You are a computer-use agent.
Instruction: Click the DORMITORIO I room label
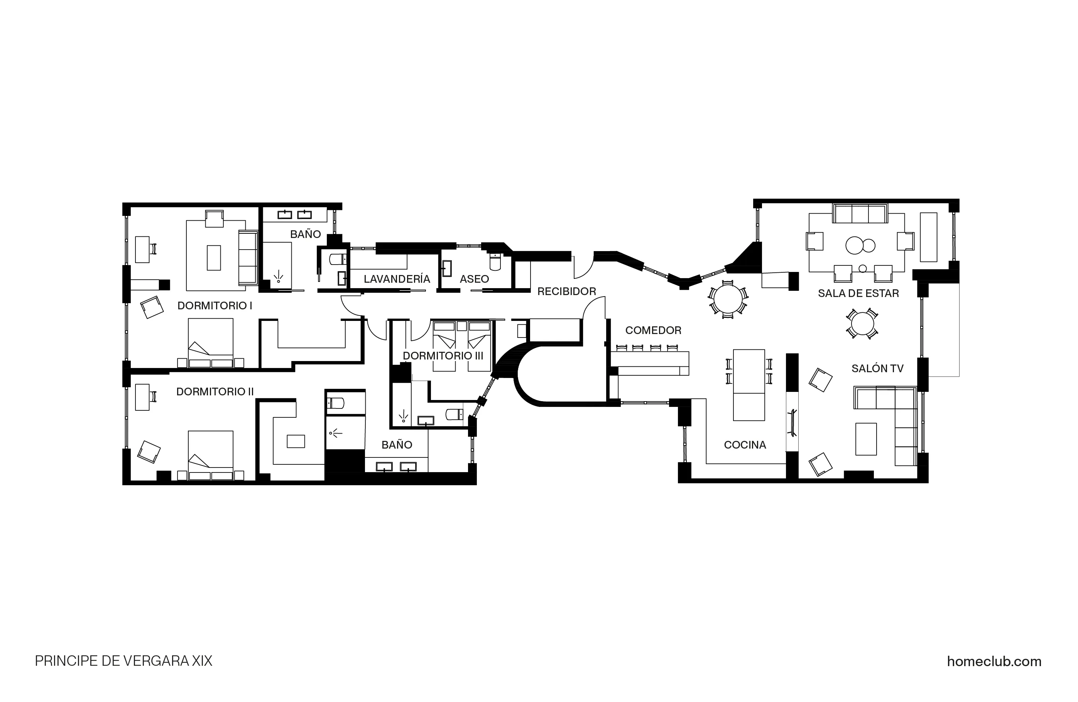coord(215,306)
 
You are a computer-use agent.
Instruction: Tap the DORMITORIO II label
coord(215,392)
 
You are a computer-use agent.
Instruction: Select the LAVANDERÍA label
coord(397,279)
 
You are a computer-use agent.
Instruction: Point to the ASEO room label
coord(474,279)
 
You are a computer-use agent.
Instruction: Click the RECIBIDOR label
coord(567,292)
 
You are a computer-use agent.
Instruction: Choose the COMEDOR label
coord(653,331)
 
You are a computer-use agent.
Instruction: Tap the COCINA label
coord(745,445)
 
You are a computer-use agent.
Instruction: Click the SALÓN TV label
coord(877,369)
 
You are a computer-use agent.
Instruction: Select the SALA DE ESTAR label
coord(858,294)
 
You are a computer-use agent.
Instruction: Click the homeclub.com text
coord(994,661)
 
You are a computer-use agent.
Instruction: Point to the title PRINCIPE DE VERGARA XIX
coord(123,661)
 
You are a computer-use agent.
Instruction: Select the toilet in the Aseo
coord(495,262)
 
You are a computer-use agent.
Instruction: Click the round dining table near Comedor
coord(728,299)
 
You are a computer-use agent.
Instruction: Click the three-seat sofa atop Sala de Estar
coord(860,214)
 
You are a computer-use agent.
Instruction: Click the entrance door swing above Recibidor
coord(583,268)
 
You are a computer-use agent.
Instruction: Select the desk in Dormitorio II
coord(142,397)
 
